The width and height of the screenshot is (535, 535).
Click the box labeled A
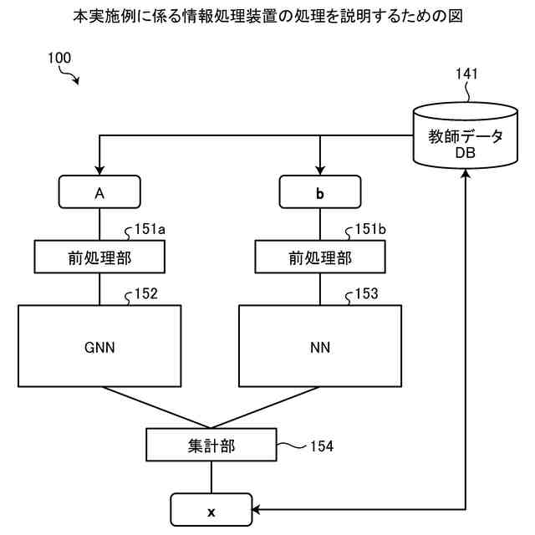pos(99,192)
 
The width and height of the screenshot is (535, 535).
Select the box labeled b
pos(320,192)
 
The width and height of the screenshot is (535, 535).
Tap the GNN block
pos(99,346)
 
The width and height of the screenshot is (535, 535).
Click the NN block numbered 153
pos(320,346)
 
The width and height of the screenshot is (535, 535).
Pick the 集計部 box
pos(211,446)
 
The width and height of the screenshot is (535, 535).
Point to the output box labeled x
pos(211,509)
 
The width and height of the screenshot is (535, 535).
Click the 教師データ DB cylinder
pos(466,138)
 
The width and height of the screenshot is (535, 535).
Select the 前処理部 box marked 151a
pos(99,257)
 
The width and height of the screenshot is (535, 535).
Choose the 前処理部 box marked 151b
pos(320,257)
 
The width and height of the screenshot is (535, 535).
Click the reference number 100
pos(59,59)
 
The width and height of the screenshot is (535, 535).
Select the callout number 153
pos(366,293)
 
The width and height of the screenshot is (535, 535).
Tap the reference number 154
pos(321,446)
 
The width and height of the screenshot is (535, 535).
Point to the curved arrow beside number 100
pos(70,78)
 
